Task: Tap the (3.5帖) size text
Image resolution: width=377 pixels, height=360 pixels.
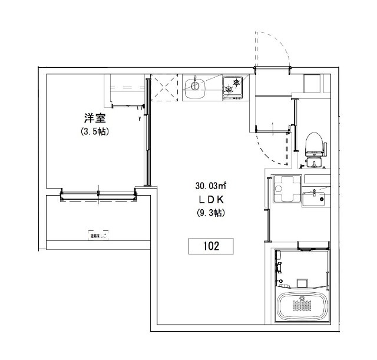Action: pyautogui.click(x=95, y=132)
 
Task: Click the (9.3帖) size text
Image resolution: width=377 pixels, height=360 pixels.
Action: pyautogui.click(x=211, y=213)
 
